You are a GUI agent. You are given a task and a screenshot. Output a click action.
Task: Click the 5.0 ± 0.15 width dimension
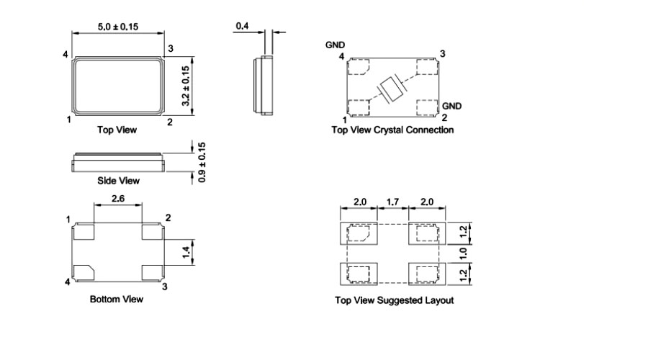[118, 27]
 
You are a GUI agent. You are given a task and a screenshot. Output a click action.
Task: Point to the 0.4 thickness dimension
[243, 27]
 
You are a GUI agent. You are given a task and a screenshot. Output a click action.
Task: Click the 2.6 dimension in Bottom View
[118, 197]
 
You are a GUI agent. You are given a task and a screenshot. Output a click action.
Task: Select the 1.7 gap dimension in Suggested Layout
[392, 202]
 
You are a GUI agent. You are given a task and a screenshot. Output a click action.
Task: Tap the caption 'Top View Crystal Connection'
[392, 130]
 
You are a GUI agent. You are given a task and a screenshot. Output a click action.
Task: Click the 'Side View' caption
[118, 181]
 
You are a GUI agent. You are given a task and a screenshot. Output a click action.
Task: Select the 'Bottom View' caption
[116, 298]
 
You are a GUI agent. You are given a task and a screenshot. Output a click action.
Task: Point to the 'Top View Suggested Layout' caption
[395, 300]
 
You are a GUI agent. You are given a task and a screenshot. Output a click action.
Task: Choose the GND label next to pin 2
[452, 106]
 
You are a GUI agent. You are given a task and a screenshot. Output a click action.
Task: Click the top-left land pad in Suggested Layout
[358, 233]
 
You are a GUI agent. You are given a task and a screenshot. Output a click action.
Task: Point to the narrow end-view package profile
[264, 86]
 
